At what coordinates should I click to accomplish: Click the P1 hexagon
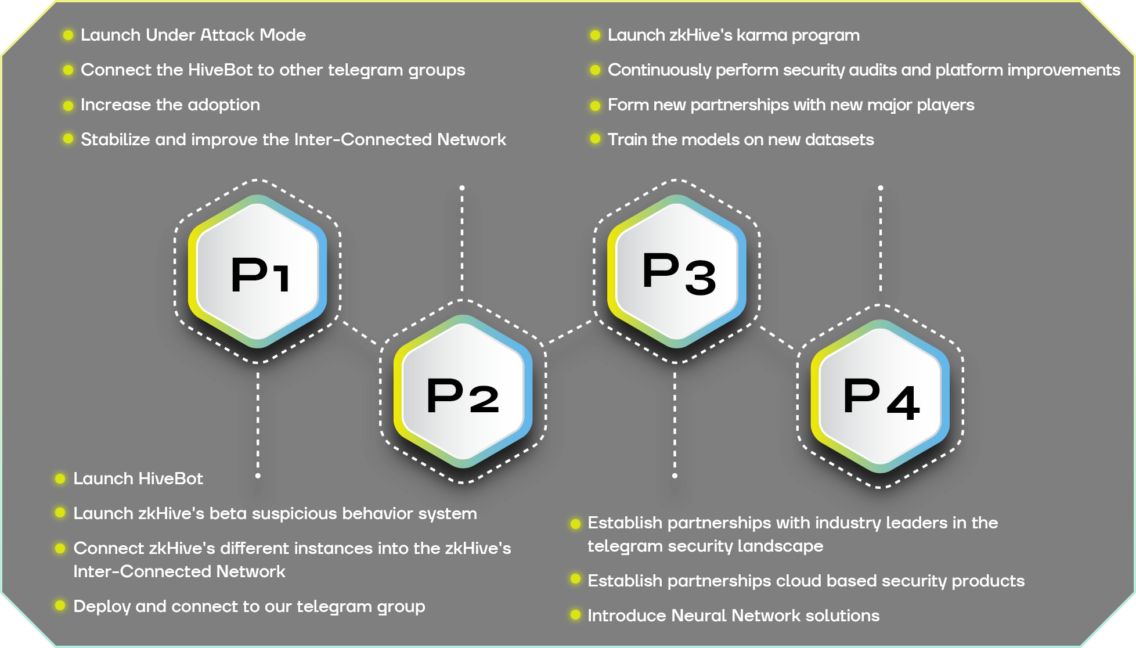click(258, 272)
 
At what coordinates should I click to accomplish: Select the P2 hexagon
click(463, 393)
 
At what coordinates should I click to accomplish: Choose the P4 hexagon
click(880, 396)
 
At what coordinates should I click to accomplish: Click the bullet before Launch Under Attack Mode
click(68, 35)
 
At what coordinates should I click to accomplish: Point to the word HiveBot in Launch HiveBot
click(172, 478)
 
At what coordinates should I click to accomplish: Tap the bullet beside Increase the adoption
click(68, 105)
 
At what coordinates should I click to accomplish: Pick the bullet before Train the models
click(595, 139)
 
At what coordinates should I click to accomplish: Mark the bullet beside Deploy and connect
click(60, 606)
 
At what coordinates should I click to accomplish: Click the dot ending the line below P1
click(258, 476)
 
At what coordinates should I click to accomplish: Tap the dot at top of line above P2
click(462, 188)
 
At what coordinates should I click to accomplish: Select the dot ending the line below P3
click(675, 476)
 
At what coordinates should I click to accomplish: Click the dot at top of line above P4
click(881, 188)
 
